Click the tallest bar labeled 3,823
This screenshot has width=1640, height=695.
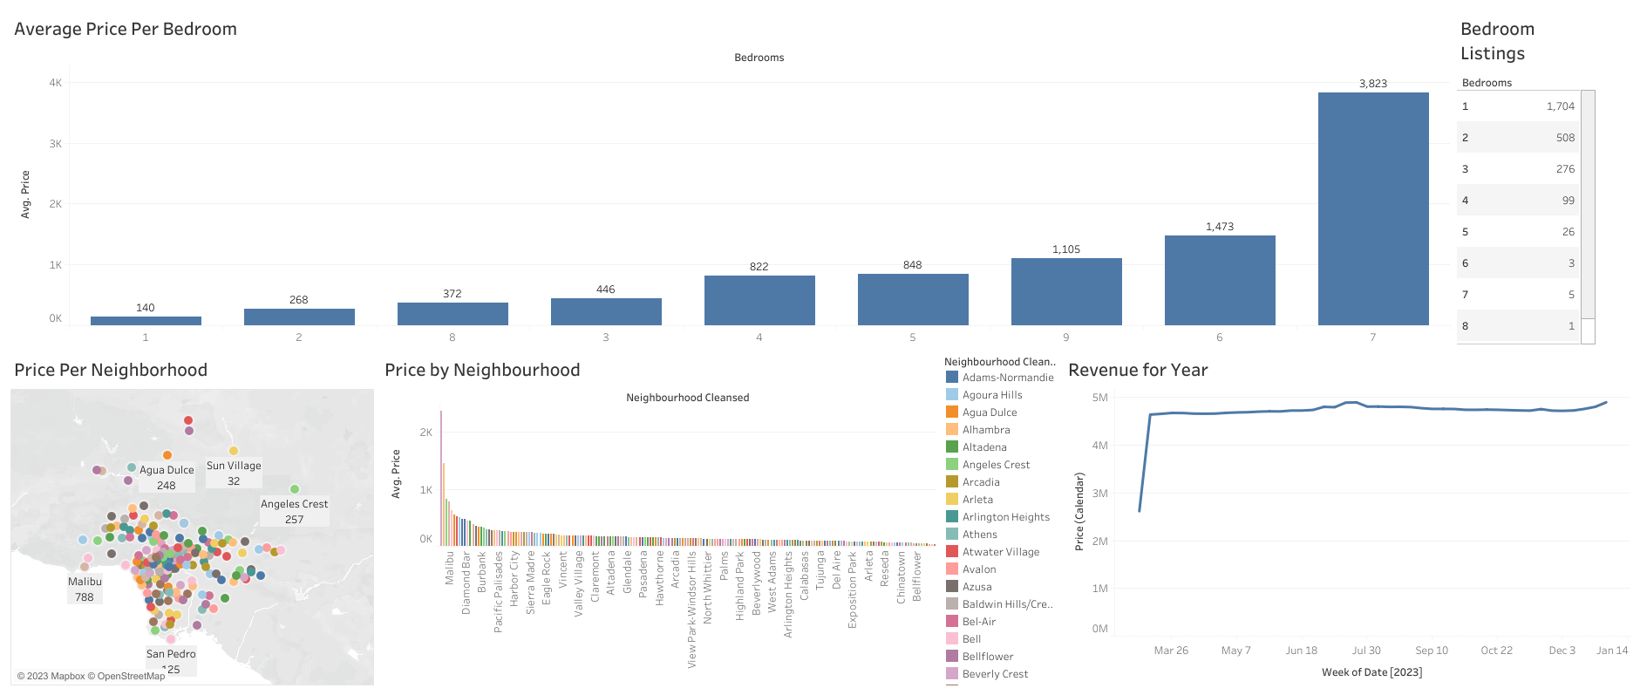1372,209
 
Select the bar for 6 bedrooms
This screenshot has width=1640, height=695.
1219,280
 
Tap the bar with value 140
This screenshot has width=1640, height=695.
146,320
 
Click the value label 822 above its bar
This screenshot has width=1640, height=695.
759,267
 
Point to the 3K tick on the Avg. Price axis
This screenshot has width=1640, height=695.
56,144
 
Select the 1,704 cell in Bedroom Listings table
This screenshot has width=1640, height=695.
1560,106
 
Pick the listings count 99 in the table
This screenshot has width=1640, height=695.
1568,201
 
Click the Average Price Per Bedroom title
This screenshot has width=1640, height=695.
126,29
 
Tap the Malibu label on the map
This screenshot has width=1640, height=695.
85,582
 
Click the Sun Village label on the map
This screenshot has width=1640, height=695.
234,466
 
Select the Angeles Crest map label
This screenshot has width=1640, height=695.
294,504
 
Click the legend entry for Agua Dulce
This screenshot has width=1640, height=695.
990,412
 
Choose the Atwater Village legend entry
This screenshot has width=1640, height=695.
1000,552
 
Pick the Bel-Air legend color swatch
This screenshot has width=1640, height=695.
952,622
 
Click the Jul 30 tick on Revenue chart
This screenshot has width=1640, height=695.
1365,651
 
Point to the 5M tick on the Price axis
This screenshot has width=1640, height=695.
1099,398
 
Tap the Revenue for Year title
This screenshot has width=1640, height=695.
1137,370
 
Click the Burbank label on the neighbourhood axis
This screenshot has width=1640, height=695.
482,567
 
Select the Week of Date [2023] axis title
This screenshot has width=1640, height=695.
1371,672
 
